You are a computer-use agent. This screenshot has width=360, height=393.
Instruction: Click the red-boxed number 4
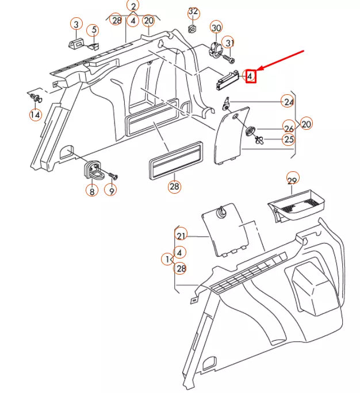[250, 75]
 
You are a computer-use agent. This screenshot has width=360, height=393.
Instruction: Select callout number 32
[193, 12]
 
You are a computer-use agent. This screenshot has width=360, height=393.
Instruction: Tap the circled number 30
[216, 28]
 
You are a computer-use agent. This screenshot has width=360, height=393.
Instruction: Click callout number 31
[229, 43]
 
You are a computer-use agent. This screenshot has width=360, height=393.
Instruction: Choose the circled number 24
[288, 102]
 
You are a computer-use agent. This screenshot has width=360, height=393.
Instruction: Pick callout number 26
[288, 128]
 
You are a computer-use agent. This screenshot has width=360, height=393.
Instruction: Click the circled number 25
[288, 139]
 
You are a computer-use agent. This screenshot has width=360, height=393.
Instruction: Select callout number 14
[36, 115]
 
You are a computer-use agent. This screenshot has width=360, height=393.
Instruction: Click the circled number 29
[293, 182]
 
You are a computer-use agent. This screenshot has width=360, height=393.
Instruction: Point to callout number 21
[182, 236]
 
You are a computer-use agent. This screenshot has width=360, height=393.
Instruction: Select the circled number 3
[75, 24]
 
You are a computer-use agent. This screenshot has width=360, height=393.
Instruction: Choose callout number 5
[92, 30]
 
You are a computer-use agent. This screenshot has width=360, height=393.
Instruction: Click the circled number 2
[133, 6]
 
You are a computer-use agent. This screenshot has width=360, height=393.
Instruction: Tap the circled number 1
[166, 260]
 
